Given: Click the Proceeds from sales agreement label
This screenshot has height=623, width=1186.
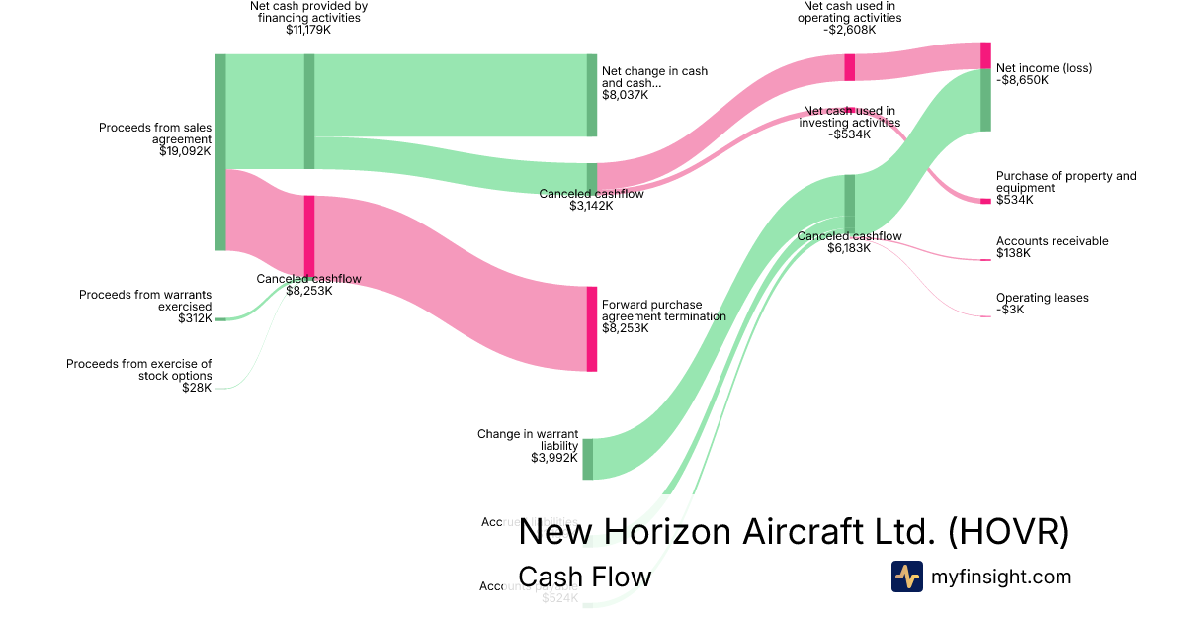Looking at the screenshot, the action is click(x=155, y=133).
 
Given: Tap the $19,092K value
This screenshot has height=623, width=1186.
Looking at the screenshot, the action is click(x=185, y=152).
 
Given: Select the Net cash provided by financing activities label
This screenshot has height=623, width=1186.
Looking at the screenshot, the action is click(x=308, y=12).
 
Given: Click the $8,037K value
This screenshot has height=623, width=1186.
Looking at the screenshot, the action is click(x=625, y=95).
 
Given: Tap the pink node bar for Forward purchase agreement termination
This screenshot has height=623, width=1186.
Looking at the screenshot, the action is click(x=592, y=328).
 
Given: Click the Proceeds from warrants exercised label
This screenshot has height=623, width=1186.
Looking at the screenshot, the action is click(x=145, y=301).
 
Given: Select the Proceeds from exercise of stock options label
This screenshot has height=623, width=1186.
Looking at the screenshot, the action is click(x=139, y=370).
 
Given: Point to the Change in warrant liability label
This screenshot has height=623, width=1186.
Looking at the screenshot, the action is click(x=528, y=439).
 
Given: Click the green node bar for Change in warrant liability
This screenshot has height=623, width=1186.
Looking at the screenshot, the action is click(x=588, y=459).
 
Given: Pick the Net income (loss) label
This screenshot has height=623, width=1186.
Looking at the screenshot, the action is click(x=1044, y=68).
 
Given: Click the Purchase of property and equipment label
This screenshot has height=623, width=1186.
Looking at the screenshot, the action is click(x=1065, y=182).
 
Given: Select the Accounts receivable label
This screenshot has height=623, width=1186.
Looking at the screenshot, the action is click(x=1052, y=241).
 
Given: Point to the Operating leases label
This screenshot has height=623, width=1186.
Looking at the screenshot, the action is click(x=1043, y=298).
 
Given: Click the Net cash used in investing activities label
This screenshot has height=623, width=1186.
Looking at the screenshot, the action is click(x=849, y=117).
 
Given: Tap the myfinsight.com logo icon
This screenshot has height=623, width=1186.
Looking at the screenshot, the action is click(x=906, y=577).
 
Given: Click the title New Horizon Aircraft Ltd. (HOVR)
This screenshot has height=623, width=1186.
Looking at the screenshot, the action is click(x=794, y=531).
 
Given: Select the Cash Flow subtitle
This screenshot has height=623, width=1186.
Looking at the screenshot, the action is click(x=584, y=577).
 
